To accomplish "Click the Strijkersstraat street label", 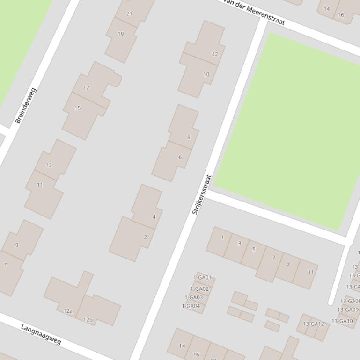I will pos(202,194).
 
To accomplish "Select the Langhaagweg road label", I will pos(41,334).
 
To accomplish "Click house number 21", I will pos(129,14).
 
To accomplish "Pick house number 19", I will pos(121,34).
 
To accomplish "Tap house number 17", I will pos(86,88).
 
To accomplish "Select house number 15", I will pos(78,108).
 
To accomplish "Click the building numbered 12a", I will pos(68,311).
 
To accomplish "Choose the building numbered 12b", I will pos(88,320).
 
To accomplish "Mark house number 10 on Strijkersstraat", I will pos(206,74).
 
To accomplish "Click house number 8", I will pos(189,137).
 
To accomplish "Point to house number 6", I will pos(180,157).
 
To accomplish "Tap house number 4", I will pos(154,217).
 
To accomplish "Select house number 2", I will pos(145,237).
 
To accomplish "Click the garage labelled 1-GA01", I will pos(202,277).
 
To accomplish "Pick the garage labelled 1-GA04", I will pos(191,306).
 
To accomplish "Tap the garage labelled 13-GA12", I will pos(313,324).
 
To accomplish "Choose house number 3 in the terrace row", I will pos(240,243).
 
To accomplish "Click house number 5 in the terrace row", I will pos(254,249).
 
